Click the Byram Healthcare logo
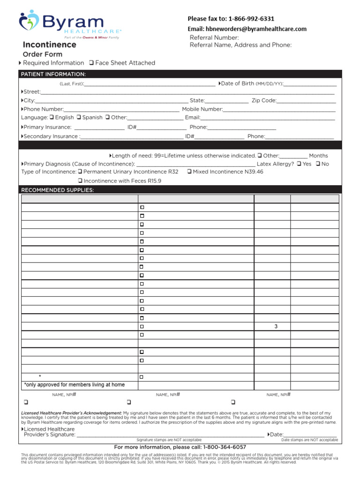coord(70,24)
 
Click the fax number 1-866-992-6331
coord(251,19)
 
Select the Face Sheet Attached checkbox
coord(91,63)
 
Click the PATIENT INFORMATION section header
coord(52,74)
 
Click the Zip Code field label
coord(263,100)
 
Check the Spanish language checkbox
coord(79,118)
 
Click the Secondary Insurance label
coord(51,136)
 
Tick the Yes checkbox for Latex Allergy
coord(299,164)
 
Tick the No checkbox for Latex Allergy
coord(318,164)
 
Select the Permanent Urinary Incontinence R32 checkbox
coord(80,172)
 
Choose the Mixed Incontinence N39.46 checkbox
coord(189,172)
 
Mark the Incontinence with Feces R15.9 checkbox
coord(80,181)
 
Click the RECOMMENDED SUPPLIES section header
coord(57,190)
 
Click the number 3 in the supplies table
coord(276,327)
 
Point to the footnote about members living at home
coord(75,385)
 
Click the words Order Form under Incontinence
coord(43,54)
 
